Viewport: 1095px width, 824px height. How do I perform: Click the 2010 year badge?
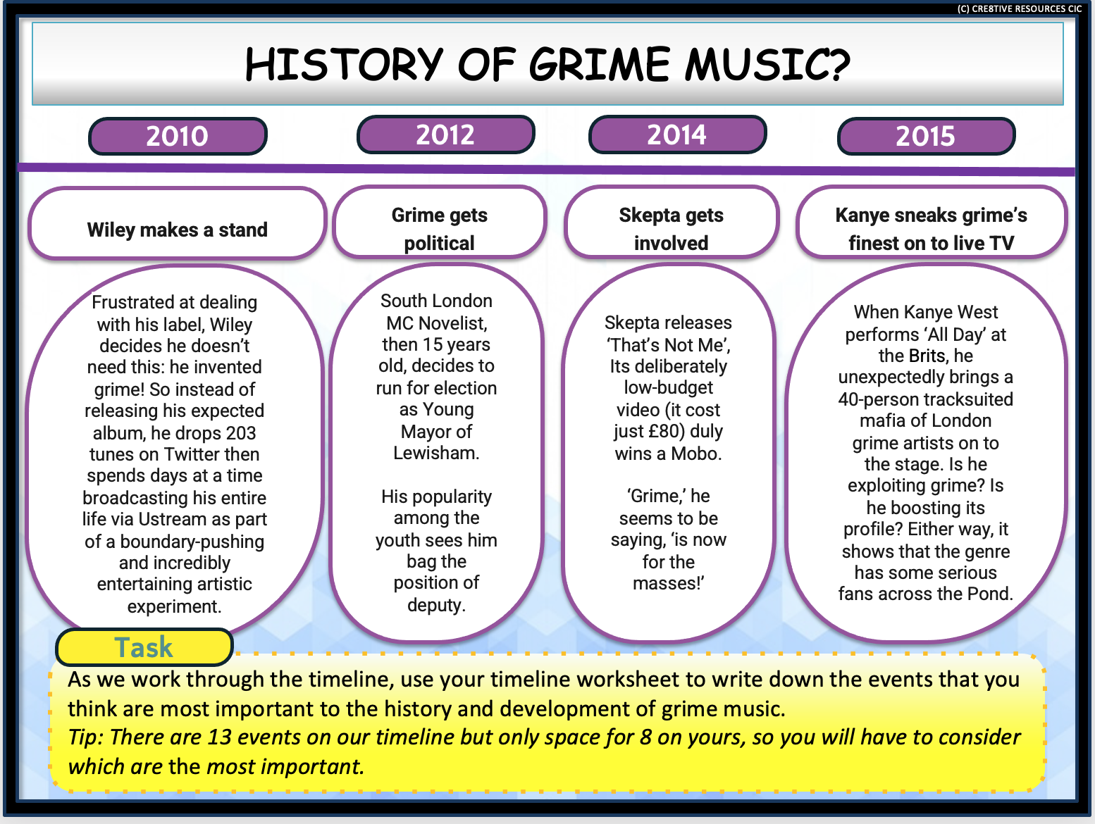178,136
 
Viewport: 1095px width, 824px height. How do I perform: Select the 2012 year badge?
445,135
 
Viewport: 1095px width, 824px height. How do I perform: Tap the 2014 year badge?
677,135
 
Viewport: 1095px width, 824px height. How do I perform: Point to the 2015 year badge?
926,136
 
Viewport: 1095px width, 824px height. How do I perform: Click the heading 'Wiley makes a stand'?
178,230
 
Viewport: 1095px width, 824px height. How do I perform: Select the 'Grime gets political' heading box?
440,228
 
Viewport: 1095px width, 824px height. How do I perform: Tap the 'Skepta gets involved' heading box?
672,228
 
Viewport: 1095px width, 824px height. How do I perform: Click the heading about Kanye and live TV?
932,228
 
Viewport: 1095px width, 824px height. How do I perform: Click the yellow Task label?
144,647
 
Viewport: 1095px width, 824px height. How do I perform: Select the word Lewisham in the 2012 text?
435,453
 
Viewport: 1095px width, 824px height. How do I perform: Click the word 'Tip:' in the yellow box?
85,737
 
